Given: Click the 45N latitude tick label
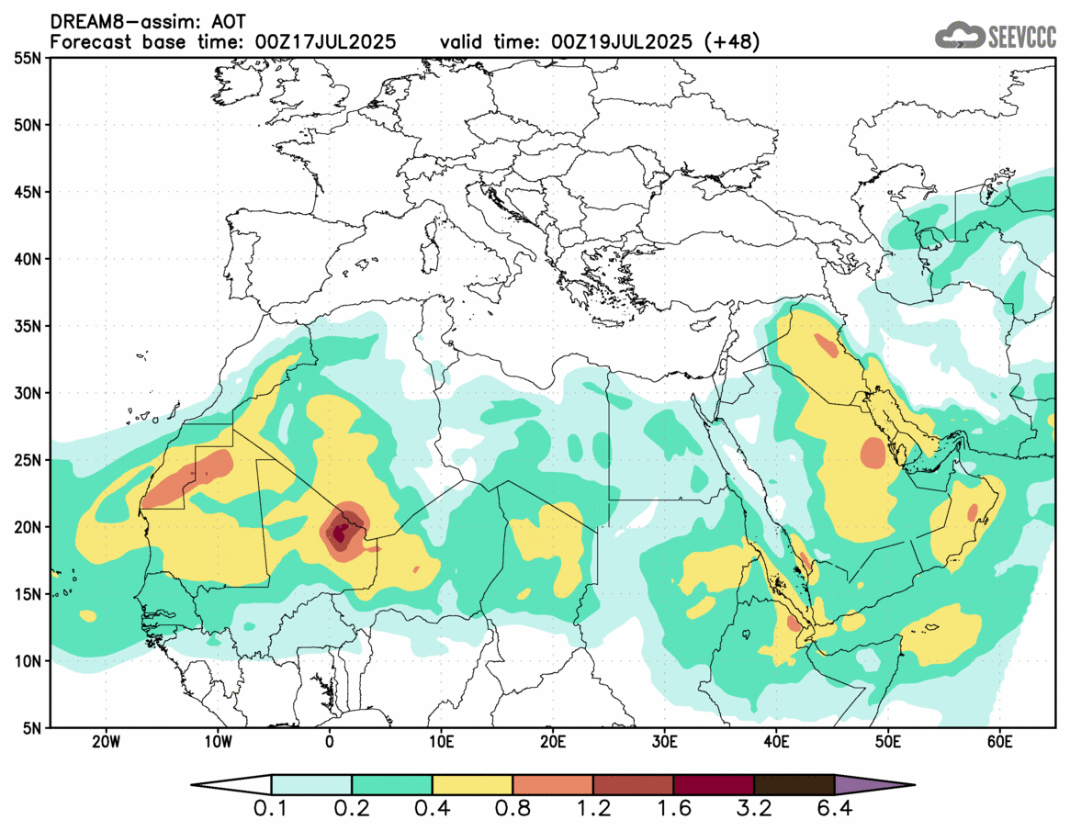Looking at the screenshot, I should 31,192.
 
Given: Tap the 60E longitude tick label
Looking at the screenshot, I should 999,741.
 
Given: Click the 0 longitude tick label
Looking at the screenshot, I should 330,741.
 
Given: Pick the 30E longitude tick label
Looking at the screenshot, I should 664,741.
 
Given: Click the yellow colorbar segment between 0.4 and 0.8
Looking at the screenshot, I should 472,785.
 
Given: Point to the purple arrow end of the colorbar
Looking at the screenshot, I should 873,785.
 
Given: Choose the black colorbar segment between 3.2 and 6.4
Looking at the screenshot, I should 794,785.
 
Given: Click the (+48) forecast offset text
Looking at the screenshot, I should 731,41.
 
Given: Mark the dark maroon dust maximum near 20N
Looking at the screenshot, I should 340,532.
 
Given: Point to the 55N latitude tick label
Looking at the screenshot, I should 31,58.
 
